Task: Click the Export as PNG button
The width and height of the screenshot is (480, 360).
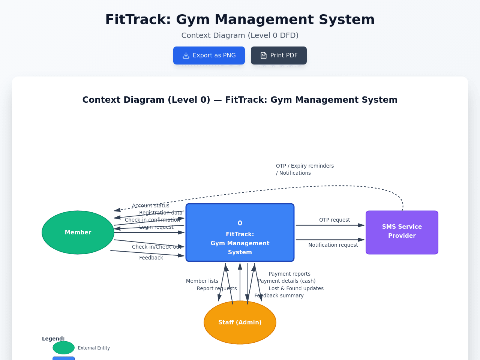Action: coord(209,55)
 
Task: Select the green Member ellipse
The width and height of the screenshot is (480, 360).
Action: coord(78,232)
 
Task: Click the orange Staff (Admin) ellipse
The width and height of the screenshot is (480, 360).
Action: coord(240,322)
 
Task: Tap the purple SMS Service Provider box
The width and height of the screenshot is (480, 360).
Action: coord(402,232)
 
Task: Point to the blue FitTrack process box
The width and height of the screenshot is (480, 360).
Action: coord(240,232)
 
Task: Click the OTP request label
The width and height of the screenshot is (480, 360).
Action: coord(334,220)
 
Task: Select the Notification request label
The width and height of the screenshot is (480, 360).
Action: coord(333,245)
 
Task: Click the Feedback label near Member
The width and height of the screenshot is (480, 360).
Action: coord(151,258)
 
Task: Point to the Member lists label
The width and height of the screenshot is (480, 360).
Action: coord(202,281)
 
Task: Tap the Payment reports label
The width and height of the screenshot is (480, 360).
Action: coord(289,274)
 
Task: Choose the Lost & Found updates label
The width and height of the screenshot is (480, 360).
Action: coord(296,288)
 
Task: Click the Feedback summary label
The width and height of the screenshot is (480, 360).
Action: coord(279,295)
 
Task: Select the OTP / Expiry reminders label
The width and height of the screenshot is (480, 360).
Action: coord(305,166)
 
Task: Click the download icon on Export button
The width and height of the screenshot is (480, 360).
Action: coord(186,55)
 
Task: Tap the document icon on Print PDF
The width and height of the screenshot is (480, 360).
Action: coord(264,55)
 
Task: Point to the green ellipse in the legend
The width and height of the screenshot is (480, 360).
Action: coord(63,348)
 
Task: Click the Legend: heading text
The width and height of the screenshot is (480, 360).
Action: coord(53,339)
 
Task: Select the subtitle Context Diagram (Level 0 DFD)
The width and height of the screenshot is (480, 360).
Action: coord(240,35)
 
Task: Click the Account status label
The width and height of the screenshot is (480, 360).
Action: coord(150,205)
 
